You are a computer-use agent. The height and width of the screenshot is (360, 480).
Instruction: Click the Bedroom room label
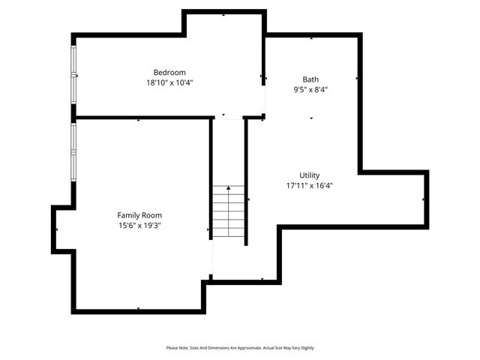(x=169, y=73)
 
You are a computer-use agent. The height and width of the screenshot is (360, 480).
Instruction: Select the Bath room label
(x=310, y=79)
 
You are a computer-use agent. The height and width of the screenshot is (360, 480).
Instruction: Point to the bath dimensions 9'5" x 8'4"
(x=310, y=89)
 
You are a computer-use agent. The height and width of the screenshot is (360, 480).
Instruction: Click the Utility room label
(x=309, y=175)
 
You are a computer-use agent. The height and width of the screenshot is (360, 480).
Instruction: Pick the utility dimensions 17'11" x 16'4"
(x=309, y=185)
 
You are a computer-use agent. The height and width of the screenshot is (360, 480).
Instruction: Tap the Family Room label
(x=139, y=215)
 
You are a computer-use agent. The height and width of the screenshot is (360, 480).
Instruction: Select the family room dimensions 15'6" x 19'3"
(x=139, y=225)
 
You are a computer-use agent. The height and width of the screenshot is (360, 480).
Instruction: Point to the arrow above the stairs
(x=229, y=190)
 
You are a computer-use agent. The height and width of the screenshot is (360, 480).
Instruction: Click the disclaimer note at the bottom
(x=240, y=348)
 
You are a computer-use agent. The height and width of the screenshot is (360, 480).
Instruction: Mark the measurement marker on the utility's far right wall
(x=424, y=199)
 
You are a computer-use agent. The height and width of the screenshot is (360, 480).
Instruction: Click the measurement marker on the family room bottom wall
(x=139, y=308)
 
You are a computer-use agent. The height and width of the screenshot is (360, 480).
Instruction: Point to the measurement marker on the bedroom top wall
(x=223, y=14)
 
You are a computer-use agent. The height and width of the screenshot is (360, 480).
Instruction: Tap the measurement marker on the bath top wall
(x=312, y=37)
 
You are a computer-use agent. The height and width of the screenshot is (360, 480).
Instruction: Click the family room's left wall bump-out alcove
(x=63, y=229)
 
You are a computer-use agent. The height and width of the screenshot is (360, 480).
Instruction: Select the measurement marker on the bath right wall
(x=357, y=77)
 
